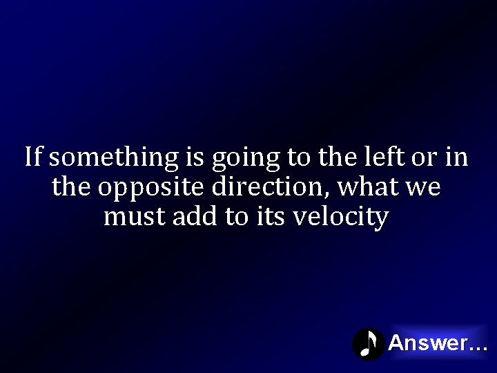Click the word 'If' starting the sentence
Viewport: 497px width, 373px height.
[34, 157]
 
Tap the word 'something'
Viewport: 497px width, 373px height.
[114, 158]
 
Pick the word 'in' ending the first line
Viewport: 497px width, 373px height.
[457, 157]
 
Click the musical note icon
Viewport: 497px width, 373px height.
[369, 343]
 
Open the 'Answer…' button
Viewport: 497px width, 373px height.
[438, 343]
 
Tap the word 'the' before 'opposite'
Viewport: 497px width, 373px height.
[71, 187]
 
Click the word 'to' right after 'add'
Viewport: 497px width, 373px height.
[235, 217]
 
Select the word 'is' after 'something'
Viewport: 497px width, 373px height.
[194, 157]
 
